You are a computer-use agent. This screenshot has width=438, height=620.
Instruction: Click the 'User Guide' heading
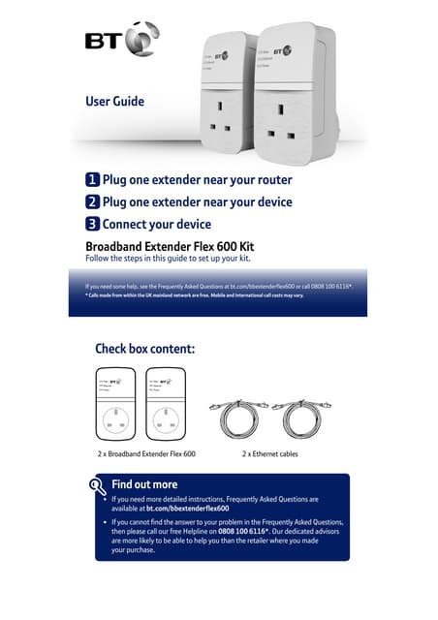pyautogui.click(x=114, y=101)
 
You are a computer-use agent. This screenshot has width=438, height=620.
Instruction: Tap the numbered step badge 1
pyautogui.click(x=92, y=180)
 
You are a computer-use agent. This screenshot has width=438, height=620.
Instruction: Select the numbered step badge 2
pyautogui.click(x=92, y=202)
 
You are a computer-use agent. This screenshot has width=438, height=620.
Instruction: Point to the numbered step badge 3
pyautogui.click(x=92, y=225)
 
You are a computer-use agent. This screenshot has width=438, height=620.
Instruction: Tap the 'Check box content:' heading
pyautogui.click(x=145, y=349)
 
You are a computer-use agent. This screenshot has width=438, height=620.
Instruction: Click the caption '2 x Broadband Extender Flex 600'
pyautogui.click(x=146, y=453)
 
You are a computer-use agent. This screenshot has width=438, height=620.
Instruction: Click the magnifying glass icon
pyautogui.click(x=96, y=486)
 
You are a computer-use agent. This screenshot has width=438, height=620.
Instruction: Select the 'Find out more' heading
pyautogui.click(x=144, y=484)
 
